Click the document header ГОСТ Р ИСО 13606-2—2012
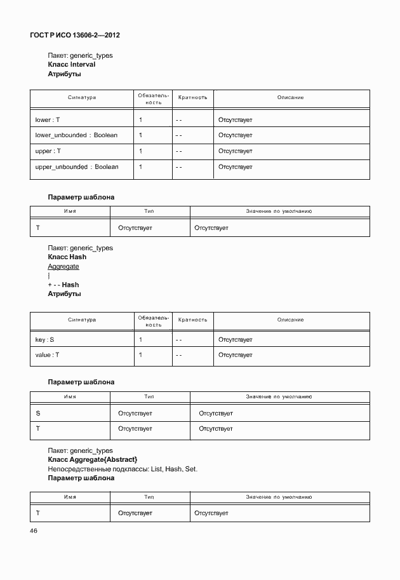pos(75,35)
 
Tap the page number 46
pos(34,531)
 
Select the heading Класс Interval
pos(72,65)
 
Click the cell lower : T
pos(47,119)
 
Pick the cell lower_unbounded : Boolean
pos(76,135)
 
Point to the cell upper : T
pos(48,151)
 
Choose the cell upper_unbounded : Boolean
pos(77,167)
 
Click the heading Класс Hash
pos(67,257)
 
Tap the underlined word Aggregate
pos(63,267)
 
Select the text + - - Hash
pos(63,285)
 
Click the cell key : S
pos(44,340)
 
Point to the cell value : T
pos(47,355)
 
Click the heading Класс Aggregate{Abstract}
pos(93,459)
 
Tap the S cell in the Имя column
pos(38,414)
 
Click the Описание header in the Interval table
pos(291,98)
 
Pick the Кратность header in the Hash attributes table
pos(192,320)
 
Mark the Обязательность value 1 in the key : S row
pos(140,340)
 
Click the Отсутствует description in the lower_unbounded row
pos(236,135)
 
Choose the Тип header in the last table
pos(149,496)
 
